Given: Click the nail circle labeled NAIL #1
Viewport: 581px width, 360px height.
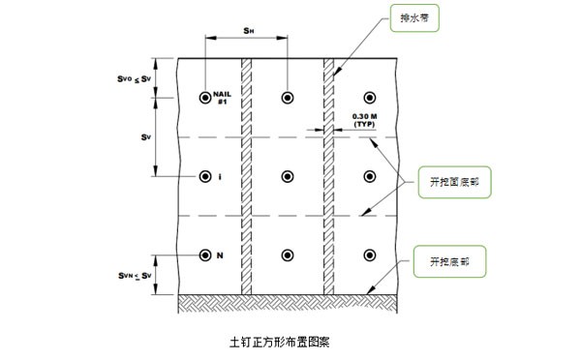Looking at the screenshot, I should pyautogui.click(x=205, y=98).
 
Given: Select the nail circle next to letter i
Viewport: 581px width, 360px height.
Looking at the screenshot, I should pyautogui.click(x=205, y=176).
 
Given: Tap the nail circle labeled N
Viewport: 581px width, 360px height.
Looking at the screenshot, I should pyautogui.click(x=205, y=255).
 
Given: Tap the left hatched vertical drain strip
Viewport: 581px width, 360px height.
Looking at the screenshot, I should pyautogui.click(x=246, y=174).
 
